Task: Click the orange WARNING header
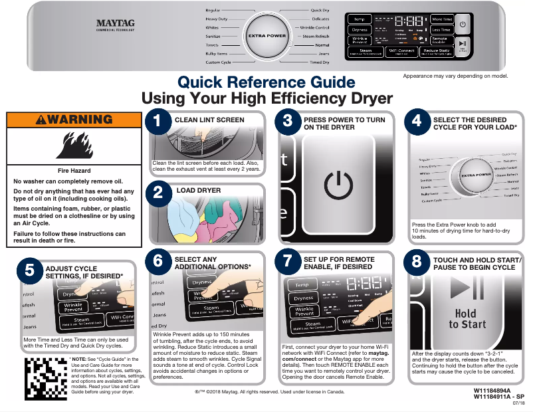(74, 120)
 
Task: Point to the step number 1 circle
(158, 121)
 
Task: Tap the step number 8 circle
(417, 261)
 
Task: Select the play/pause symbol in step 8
(467, 288)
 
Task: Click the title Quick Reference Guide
(266, 83)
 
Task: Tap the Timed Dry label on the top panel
(319, 62)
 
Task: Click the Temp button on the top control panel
(360, 19)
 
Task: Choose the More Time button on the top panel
(441, 19)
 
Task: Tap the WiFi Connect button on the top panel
(401, 51)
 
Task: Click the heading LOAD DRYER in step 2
(199, 191)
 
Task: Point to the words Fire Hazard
(74, 171)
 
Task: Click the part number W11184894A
(492, 391)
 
